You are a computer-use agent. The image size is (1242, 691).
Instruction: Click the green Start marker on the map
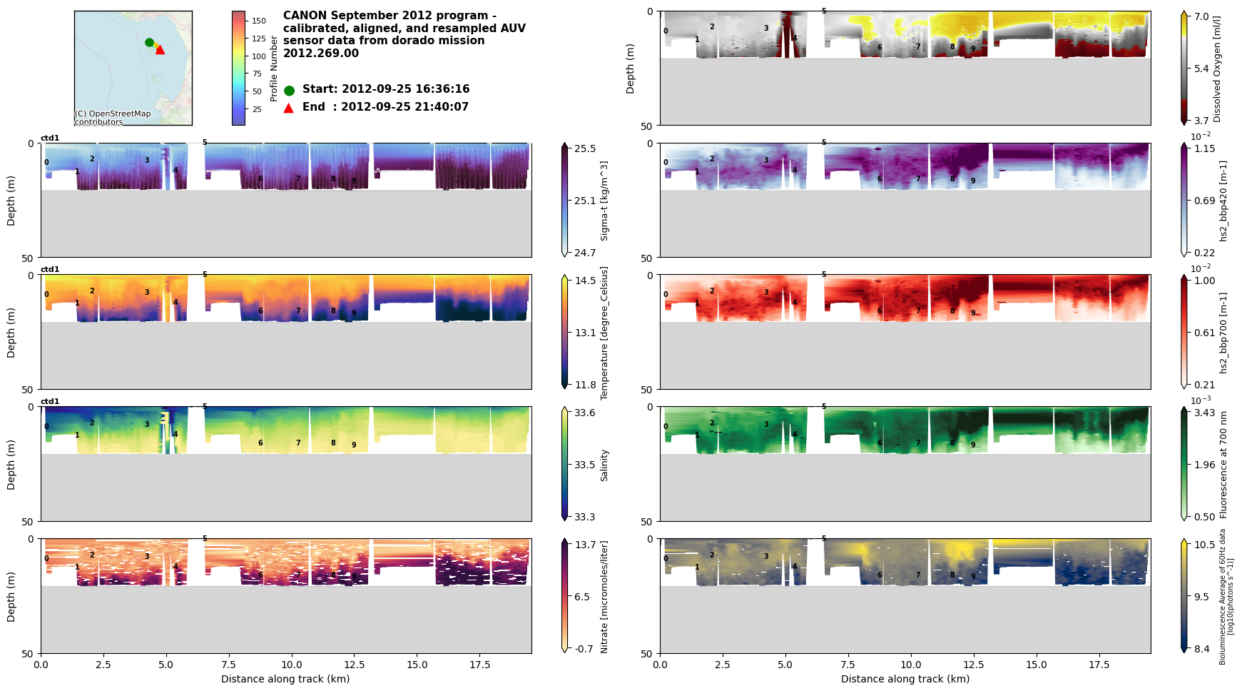coord(149,43)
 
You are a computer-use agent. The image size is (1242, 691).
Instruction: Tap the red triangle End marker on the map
coord(160,49)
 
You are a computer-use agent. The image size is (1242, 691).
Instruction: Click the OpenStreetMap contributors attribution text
coord(113,118)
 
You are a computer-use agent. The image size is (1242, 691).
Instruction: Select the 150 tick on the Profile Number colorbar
coord(258,21)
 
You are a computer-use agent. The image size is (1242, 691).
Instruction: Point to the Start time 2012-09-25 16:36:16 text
coord(385,89)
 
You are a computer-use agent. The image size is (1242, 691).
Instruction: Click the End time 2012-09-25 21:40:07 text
coord(386,107)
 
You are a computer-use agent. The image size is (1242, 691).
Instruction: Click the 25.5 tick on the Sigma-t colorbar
coord(585,148)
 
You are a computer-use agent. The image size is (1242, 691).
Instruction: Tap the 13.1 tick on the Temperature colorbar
coord(585,333)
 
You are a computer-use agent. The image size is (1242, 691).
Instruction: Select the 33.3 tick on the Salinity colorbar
coord(585,517)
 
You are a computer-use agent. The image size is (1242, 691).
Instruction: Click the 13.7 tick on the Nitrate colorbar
coord(585,545)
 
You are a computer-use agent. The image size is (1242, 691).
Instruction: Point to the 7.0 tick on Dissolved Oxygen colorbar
coord(1201,17)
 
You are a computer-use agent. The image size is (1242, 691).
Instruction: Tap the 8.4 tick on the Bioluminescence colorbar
coord(1201,649)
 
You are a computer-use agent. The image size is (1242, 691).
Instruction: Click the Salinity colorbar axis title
coord(604,465)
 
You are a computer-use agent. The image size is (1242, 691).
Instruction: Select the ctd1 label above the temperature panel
coord(50,270)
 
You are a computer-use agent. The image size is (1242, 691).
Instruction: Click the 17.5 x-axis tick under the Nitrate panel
coord(480,665)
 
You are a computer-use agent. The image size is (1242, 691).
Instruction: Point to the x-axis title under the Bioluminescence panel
coord(905,679)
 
